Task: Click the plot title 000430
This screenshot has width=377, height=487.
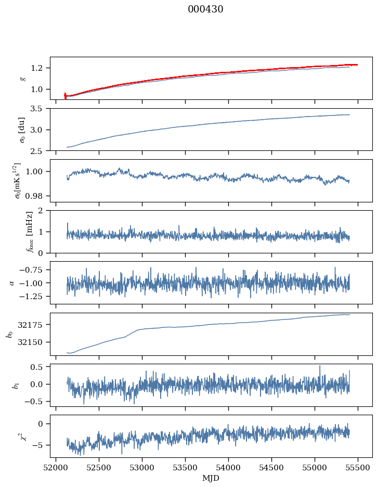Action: [x=205, y=9]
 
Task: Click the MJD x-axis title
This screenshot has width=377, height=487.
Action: [x=211, y=478]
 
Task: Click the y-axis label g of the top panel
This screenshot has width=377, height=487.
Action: [x=22, y=78]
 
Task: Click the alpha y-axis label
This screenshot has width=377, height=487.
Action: [x=11, y=283]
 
